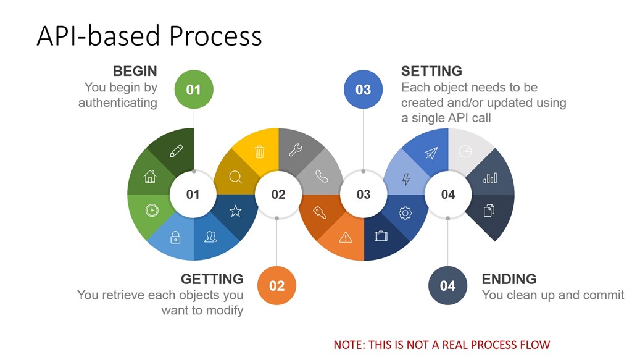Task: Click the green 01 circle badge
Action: pos(193,89)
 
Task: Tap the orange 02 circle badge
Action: pos(276,285)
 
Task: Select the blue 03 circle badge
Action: pos(363,89)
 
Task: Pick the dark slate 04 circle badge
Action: pos(448,285)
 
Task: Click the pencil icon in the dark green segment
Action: pos(176,151)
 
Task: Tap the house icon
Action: pos(150,176)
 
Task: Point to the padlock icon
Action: pos(175,238)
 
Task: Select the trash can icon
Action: pos(260,151)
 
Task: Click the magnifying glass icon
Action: pos(235,177)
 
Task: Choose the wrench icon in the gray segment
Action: pos(296,150)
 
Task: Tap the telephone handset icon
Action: pos(322,176)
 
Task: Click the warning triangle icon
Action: pos(346,238)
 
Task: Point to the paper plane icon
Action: pos(431,153)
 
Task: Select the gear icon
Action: pos(405,213)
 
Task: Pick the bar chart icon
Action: pos(490,177)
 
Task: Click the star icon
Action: pos(235,211)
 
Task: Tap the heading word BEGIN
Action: pos(135,71)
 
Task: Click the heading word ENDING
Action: pos(509,279)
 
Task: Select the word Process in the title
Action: pos(215,36)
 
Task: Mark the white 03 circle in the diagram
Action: pos(363,195)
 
